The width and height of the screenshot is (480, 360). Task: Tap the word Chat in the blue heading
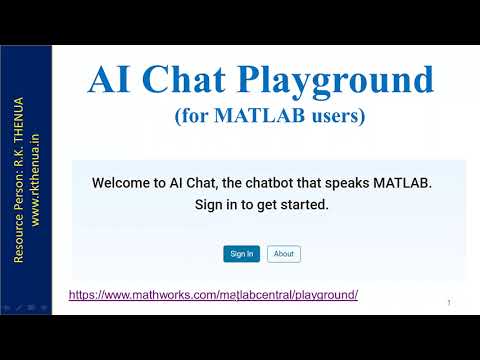tap(196, 80)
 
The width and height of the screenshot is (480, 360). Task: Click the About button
tap(284, 254)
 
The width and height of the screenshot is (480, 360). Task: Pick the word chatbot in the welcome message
tap(285, 184)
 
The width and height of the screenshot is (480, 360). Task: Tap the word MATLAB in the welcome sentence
tap(402, 184)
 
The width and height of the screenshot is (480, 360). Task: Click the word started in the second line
tap(304, 205)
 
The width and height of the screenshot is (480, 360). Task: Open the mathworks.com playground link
tap(213, 295)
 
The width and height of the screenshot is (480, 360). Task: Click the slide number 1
tap(449, 302)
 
